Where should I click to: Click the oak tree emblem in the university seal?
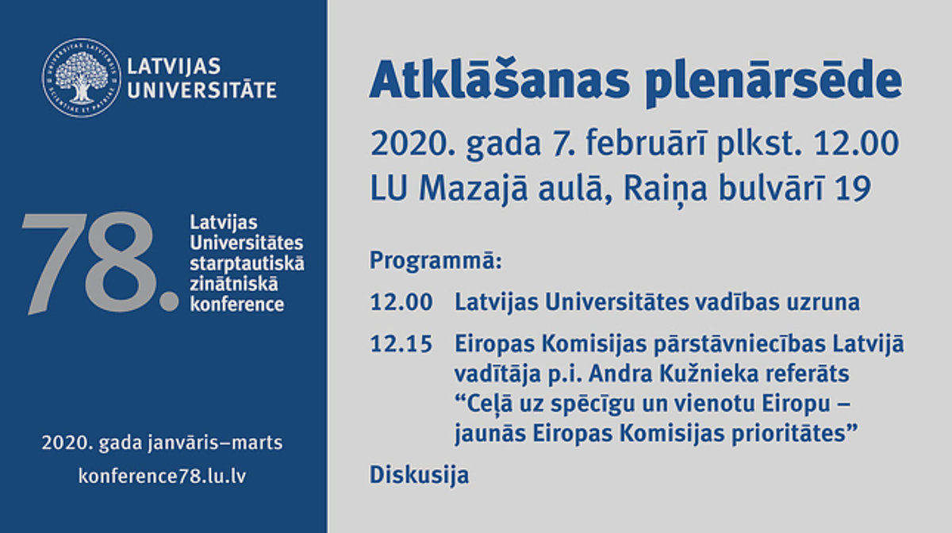tap(81, 77)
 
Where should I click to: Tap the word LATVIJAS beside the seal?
tap(175, 67)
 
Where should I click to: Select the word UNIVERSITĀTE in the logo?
tap(202, 90)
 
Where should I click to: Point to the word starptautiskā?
tap(247, 263)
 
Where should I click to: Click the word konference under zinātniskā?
tap(236, 305)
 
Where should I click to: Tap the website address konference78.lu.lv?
tap(162, 476)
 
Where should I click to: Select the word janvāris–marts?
tap(215, 443)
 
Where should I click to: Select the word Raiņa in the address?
tap(665, 190)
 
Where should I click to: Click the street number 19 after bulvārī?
tap(854, 189)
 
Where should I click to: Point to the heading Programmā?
tap(436, 260)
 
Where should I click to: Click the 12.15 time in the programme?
tap(401, 344)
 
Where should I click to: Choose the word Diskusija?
tap(420, 475)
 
